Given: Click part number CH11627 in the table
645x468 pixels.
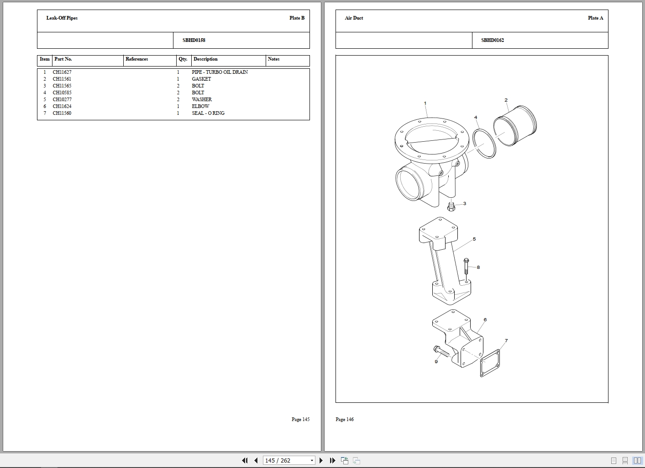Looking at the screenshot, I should click(x=62, y=72).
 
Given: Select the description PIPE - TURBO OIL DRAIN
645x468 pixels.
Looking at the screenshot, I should click(x=220, y=72).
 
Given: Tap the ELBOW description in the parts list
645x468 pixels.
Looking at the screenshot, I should click(x=200, y=106).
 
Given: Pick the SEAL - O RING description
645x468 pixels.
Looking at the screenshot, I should click(x=208, y=113).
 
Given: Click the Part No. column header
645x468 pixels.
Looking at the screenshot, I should click(x=63, y=59).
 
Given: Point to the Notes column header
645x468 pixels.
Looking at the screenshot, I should click(x=273, y=59).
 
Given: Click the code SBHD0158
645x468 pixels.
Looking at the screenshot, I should click(x=194, y=40).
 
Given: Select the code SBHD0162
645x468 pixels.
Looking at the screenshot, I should click(x=493, y=40).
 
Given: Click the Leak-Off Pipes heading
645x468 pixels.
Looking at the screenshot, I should click(x=62, y=18).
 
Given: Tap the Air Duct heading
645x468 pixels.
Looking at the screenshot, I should click(x=354, y=18).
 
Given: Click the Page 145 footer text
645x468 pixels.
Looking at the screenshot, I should click(x=300, y=419).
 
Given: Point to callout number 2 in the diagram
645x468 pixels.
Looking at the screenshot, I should click(x=506, y=100).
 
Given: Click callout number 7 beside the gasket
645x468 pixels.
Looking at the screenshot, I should click(x=506, y=341).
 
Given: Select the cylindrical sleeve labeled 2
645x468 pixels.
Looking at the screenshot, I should click(x=515, y=126).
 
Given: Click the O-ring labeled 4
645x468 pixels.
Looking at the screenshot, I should click(x=484, y=144).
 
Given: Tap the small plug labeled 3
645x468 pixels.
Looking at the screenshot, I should click(x=451, y=206).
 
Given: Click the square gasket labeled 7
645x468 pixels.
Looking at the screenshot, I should click(x=490, y=363).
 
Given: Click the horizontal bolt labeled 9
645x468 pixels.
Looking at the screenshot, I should click(x=441, y=351).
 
